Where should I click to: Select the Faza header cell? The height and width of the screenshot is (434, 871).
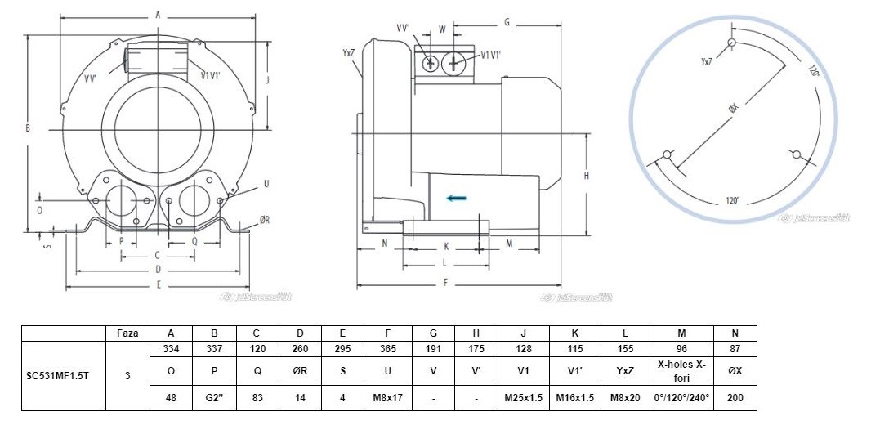(127, 333)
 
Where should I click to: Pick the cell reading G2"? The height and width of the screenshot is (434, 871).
(214, 400)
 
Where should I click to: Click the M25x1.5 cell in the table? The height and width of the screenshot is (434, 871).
(524, 400)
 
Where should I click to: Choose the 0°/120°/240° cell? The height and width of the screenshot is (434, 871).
(681, 400)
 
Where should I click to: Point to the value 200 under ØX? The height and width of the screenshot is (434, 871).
(735, 400)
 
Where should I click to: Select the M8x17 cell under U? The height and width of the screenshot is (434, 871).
(389, 400)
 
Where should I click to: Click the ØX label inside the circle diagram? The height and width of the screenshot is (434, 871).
(731, 109)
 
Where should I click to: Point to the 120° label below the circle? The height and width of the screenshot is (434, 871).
(732, 200)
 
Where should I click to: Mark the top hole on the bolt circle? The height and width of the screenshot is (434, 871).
(732, 43)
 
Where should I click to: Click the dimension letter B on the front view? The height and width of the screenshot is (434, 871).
(27, 128)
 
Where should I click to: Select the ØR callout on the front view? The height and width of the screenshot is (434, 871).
(264, 220)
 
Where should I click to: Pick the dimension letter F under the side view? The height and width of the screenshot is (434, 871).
(445, 283)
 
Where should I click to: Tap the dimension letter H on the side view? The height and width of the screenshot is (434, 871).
(586, 176)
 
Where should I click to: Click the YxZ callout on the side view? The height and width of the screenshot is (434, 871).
(348, 53)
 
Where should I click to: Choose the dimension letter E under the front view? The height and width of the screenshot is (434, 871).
(158, 284)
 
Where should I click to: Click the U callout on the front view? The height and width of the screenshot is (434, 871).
(266, 184)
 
